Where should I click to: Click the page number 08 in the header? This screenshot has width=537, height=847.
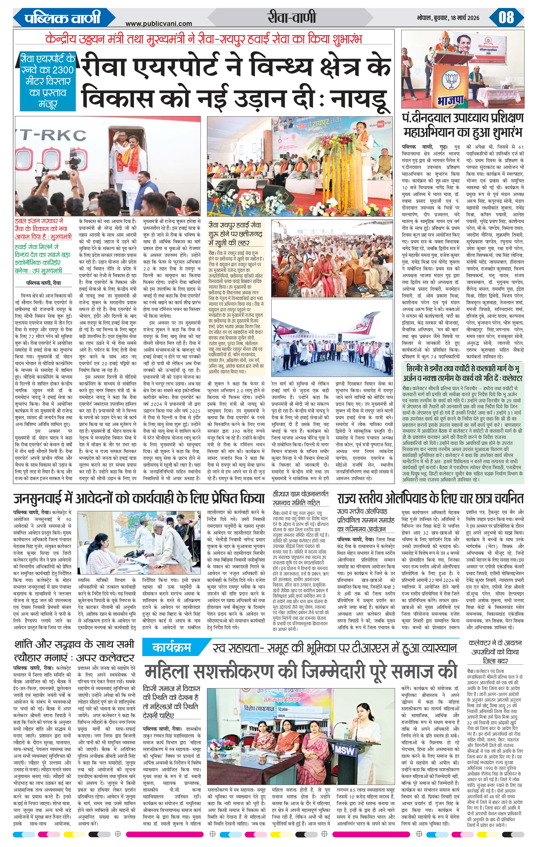[506, 18]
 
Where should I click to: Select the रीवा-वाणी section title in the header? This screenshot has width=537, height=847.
[292, 17]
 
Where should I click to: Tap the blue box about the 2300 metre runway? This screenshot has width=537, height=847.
[47, 81]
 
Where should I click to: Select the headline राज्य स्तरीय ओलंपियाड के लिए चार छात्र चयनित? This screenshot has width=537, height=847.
[430, 498]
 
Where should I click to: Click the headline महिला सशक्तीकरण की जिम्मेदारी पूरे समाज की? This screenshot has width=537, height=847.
[301, 672]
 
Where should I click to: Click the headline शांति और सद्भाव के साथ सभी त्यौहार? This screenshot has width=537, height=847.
[75, 650]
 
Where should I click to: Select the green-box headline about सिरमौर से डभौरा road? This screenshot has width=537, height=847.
[463, 373]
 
